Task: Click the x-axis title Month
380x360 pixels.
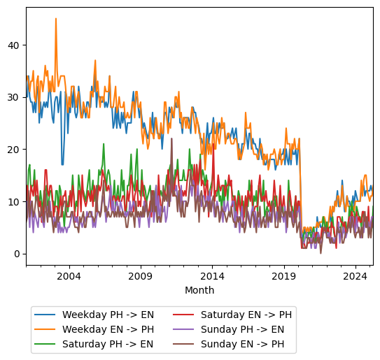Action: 199,290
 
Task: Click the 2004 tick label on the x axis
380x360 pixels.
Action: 69,276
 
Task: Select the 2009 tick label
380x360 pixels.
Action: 141,276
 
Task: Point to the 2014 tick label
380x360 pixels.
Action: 213,276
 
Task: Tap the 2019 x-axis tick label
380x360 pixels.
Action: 284,276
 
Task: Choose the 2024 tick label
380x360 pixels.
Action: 356,276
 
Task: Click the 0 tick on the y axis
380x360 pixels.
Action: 17,254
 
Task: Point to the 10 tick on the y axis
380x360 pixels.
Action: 14,201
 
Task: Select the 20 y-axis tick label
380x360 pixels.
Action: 14,150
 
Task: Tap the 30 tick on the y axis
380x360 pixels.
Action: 14,97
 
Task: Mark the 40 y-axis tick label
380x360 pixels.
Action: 14,45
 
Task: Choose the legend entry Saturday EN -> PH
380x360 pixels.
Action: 246,315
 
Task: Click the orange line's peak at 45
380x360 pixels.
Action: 56,19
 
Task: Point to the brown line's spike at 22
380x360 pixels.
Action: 171,138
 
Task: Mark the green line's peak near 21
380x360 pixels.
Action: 104,144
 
